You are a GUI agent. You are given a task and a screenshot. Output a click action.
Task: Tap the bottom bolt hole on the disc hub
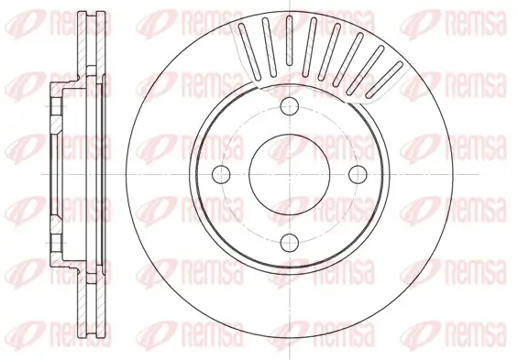coord(290,241)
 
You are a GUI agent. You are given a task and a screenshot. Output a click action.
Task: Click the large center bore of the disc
coord(290,174)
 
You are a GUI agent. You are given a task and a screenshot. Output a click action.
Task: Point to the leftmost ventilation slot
coord(245,41)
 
